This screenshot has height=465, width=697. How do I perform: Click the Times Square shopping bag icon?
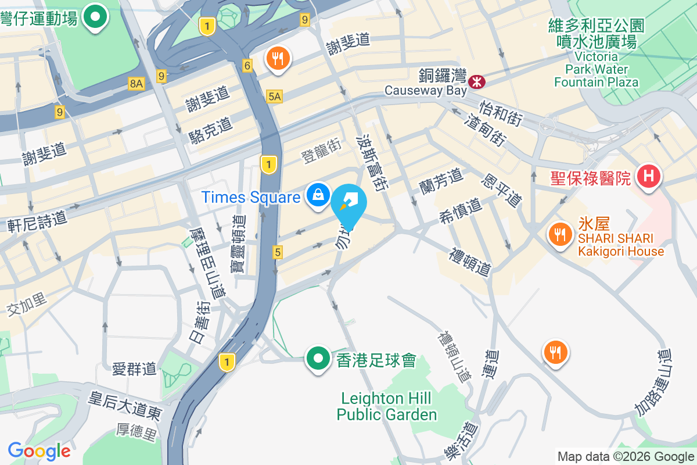pyautogui.click(x=318, y=195)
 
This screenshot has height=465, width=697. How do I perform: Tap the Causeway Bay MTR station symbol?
pyautogui.click(x=477, y=81)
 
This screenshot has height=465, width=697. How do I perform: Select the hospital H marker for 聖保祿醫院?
pyautogui.click(x=648, y=175)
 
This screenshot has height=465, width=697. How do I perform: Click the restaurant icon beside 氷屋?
pyautogui.click(x=559, y=234)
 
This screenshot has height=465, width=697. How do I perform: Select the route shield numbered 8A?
pyautogui.click(x=136, y=84)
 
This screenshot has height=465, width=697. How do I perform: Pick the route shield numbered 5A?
pyautogui.click(x=275, y=96)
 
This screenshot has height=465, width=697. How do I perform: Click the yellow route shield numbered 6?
pyautogui.click(x=247, y=66)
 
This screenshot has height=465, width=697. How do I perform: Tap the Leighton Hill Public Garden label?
pyautogui.click(x=386, y=406)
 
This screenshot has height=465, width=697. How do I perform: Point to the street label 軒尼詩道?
pyautogui.click(x=37, y=221)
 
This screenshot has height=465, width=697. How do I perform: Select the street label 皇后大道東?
pyautogui.click(x=124, y=406)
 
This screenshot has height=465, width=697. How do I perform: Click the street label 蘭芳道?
pyautogui.click(x=441, y=180)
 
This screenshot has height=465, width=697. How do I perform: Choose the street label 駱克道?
pyautogui.click(x=210, y=130)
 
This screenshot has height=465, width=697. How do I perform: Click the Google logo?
pyautogui.click(x=39, y=450)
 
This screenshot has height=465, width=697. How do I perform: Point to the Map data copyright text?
pyautogui.click(x=625, y=456)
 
